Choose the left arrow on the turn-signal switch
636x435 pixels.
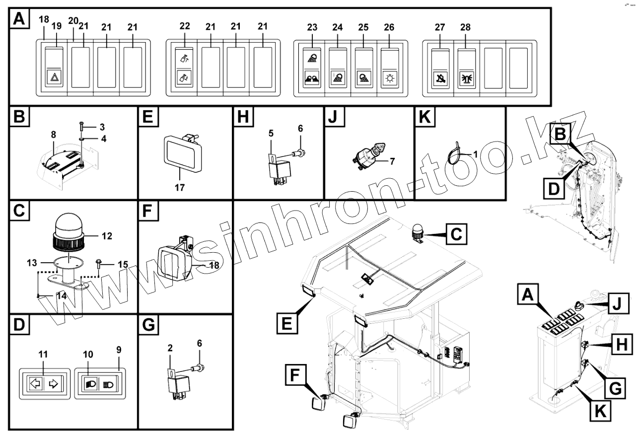point(34,383)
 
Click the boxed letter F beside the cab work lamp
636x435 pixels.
point(294,375)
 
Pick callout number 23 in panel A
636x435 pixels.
point(313,28)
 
